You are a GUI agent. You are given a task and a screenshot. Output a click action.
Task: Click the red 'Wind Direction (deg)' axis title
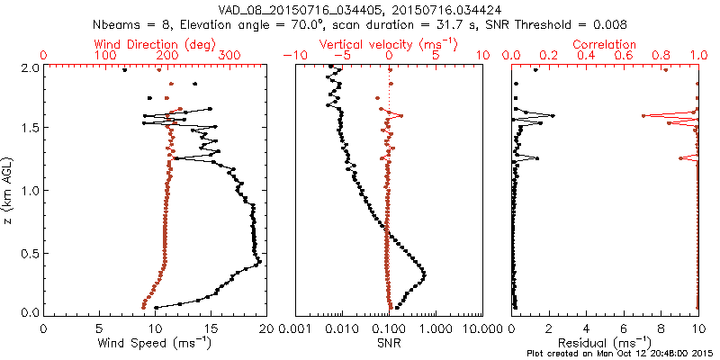(x=155, y=44)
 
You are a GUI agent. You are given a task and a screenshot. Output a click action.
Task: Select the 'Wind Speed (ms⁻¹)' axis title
(x=155, y=344)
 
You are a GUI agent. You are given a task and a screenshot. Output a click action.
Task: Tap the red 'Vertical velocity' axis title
(x=388, y=44)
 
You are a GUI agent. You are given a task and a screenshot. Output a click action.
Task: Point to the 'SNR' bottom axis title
(x=388, y=344)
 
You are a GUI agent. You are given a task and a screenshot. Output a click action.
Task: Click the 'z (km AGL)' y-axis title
(x=10, y=189)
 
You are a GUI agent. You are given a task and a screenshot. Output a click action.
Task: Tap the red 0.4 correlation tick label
(x=587, y=56)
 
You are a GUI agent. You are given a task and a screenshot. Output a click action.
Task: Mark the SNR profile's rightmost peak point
(x=424, y=274)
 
